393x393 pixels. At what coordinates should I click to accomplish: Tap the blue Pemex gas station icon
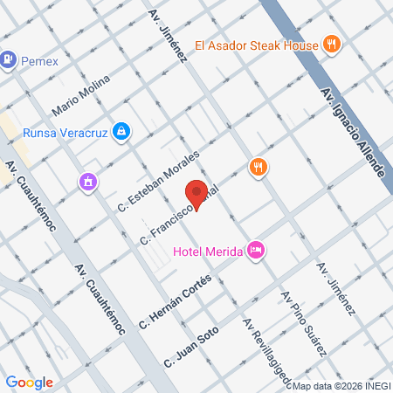[9, 59]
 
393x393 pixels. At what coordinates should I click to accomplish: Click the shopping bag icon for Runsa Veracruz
[122, 132]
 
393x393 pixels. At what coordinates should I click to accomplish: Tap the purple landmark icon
[87, 182]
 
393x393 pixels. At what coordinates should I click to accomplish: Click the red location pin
[197, 193]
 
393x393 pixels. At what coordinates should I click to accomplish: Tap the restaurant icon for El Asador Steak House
[331, 45]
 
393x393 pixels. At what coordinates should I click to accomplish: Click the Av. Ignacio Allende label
[353, 132]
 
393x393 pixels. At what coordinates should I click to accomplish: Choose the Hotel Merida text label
[208, 252]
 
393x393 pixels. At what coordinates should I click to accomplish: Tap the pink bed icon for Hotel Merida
[256, 251]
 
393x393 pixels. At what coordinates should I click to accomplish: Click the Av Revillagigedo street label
[262, 346]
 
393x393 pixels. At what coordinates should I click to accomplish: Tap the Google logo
[30, 382]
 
